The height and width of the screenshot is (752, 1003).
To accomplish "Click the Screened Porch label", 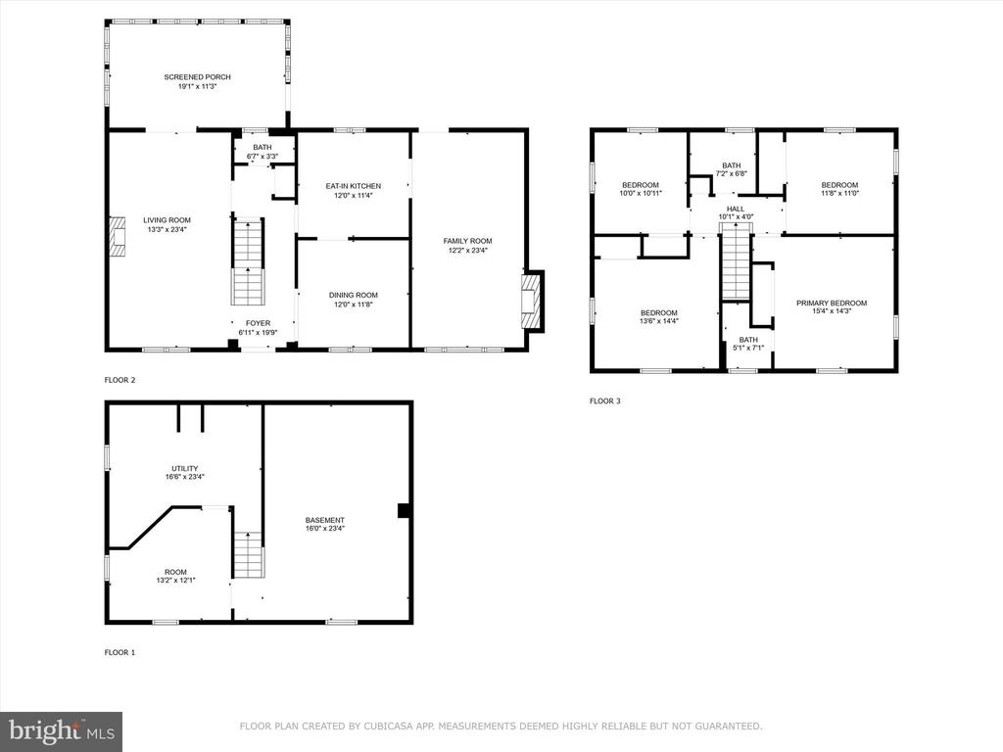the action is click(x=197, y=77).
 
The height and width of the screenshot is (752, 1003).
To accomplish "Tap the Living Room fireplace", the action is click(x=117, y=237).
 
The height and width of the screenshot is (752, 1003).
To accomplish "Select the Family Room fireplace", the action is click(x=532, y=302).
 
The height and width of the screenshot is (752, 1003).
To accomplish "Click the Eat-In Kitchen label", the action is click(x=353, y=186).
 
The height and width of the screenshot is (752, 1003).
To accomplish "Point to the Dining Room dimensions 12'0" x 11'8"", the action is click(x=353, y=305).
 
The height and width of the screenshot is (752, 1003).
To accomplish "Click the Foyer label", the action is click(x=259, y=323).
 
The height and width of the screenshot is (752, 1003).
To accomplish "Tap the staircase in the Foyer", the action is click(x=248, y=262).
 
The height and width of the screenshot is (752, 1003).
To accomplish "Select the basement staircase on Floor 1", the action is click(x=248, y=555).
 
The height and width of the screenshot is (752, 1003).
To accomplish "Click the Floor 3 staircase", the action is click(x=737, y=261).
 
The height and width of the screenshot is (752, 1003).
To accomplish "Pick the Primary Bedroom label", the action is click(x=832, y=304).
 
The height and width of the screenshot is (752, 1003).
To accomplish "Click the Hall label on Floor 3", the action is click(x=736, y=210).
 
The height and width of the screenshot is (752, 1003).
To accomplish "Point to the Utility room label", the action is click(x=185, y=469).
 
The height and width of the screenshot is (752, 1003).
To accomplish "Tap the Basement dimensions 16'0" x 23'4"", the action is click(x=325, y=529).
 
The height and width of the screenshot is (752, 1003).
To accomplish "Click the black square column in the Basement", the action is click(x=404, y=510).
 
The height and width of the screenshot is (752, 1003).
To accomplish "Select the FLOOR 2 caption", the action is click(x=120, y=380).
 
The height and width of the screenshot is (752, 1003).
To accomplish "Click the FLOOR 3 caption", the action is click(x=605, y=400).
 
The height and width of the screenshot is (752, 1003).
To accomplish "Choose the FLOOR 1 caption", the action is click(x=120, y=652).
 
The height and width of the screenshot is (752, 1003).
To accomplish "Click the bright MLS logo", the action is click(x=62, y=731).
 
